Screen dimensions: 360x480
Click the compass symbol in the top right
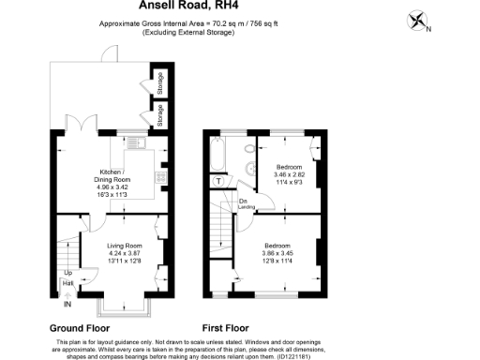tap(419, 20)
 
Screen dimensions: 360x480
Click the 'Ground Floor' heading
tap(79, 329)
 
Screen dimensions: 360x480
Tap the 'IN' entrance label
tap(67, 304)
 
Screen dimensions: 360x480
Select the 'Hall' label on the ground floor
tap(68, 283)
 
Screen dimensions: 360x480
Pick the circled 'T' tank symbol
tap(219, 180)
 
